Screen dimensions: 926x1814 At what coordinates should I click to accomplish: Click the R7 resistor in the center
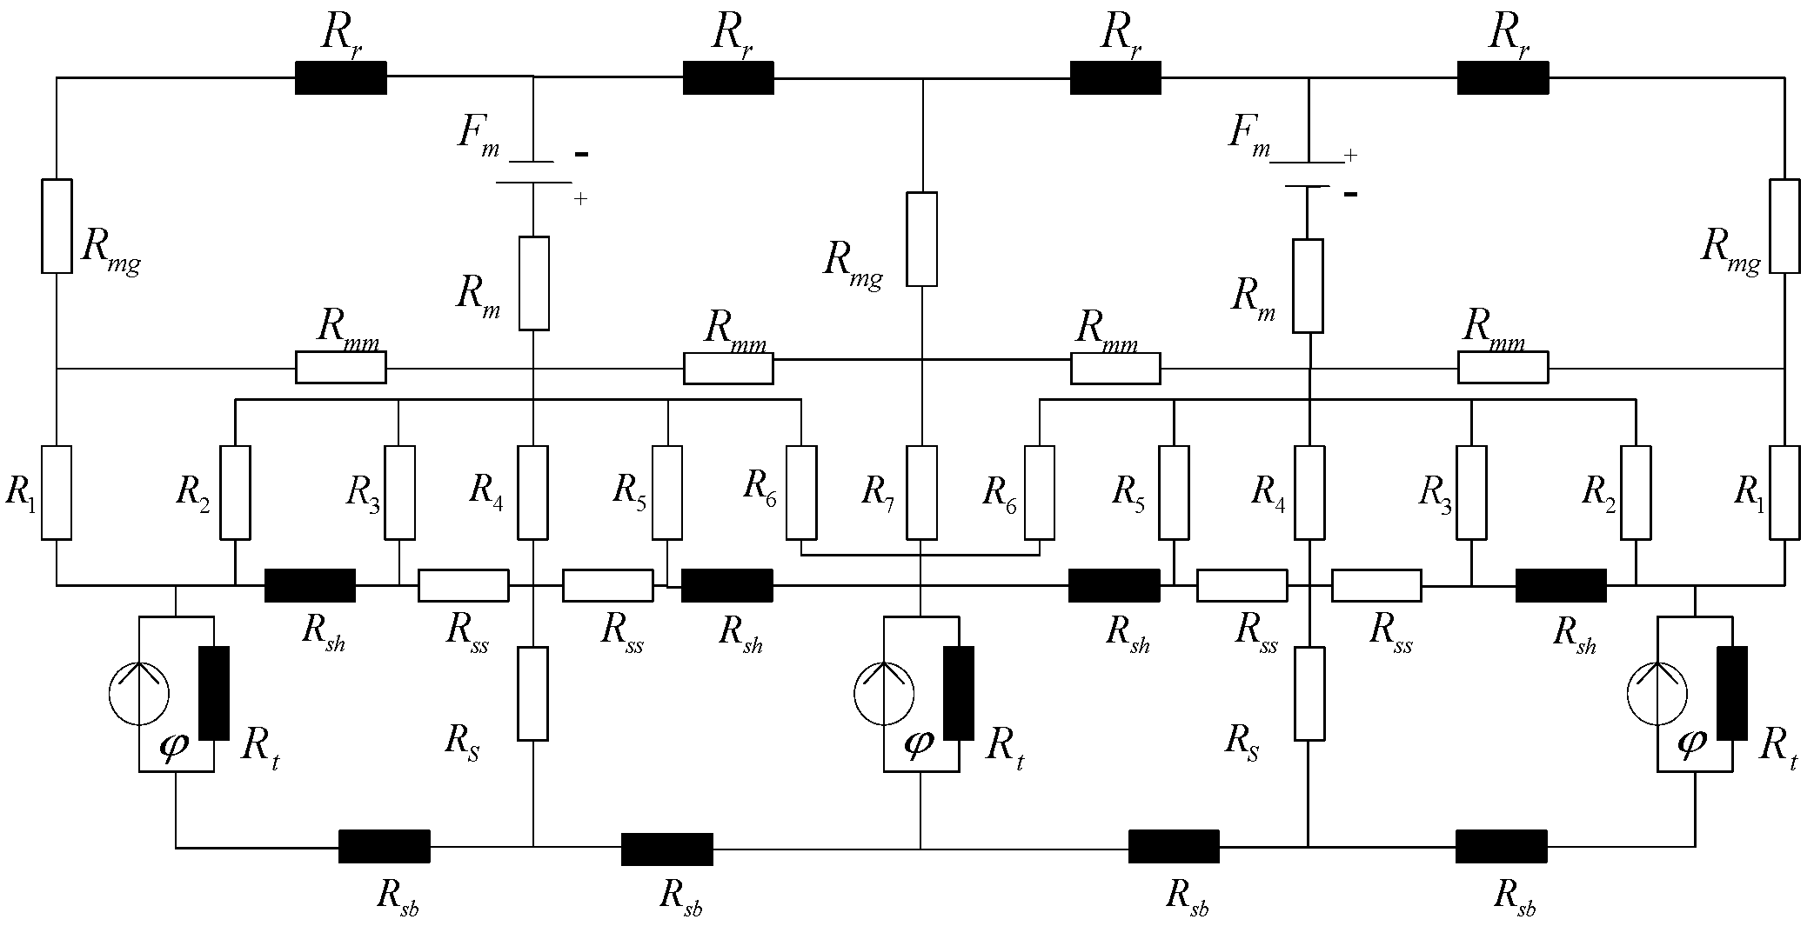[921, 492]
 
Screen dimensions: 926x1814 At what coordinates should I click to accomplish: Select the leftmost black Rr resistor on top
[340, 77]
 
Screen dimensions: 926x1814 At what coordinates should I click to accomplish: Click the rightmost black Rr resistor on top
[1503, 77]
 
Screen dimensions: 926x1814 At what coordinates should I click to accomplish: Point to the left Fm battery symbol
[532, 172]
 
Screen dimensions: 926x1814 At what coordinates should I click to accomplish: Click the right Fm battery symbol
[1308, 174]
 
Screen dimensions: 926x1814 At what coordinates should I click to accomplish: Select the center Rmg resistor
[921, 239]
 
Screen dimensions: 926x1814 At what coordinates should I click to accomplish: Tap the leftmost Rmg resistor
[57, 226]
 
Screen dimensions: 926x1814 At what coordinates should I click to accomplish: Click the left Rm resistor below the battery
[533, 283]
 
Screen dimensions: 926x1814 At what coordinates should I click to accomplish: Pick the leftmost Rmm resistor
[340, 368]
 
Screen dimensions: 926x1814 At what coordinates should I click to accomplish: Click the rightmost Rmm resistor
[1503, 368]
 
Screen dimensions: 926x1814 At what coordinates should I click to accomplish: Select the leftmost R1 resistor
[57, 492]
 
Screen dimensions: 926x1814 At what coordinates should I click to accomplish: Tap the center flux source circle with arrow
[884, 694]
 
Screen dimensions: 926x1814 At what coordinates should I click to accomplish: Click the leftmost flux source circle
[139, 694]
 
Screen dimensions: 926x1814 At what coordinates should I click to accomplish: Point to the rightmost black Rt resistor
[1731, 693]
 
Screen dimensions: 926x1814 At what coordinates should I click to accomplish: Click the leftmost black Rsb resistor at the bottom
[384, 846]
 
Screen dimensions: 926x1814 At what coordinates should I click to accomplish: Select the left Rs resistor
[533, 693]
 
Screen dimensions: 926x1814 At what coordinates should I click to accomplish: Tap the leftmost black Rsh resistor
[310, 585]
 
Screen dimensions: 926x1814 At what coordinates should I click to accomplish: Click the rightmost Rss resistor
[1376, 585]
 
